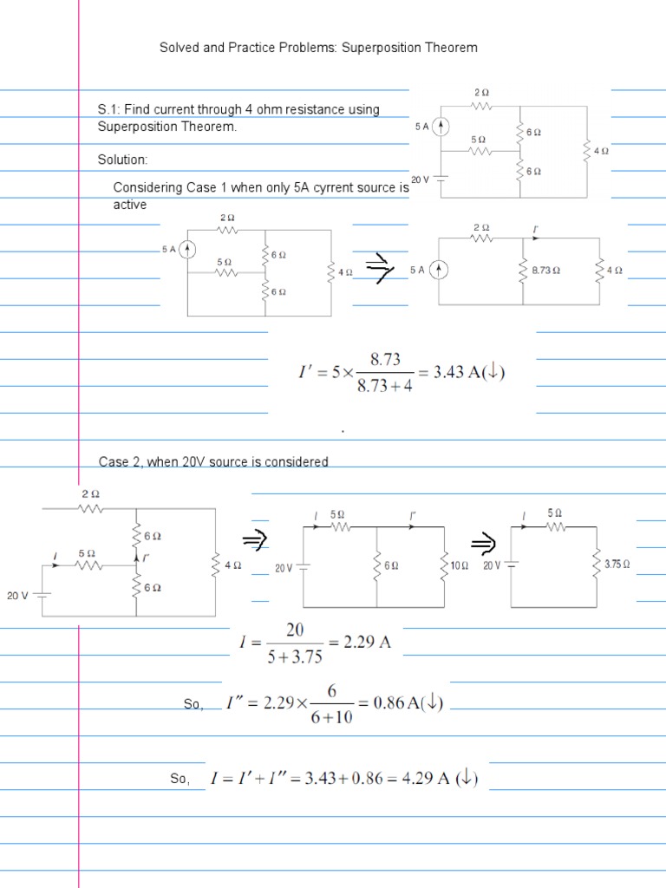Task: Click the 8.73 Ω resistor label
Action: pyautogui.click(x=545, y=271)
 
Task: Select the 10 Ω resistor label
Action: pyautogui.click(x=458, y=565)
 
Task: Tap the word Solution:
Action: pyautogui.click(x=123, y=160)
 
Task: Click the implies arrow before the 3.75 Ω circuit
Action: pyautogui.click(x=482, y=544)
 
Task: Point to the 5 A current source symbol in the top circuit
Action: pyautogui.click(x=441, y=127)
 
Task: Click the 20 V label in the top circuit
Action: pyautogui.click(x=421, y=180)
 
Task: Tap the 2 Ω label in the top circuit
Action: pyautogui.click(x=481, y=92)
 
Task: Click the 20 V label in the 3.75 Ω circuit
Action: pyautogui.click(x=493, y=565)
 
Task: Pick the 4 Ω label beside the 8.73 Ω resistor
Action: pyautogui.click(x=615, y=271)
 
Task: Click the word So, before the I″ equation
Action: pyautogui.click(x=193, y=705)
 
